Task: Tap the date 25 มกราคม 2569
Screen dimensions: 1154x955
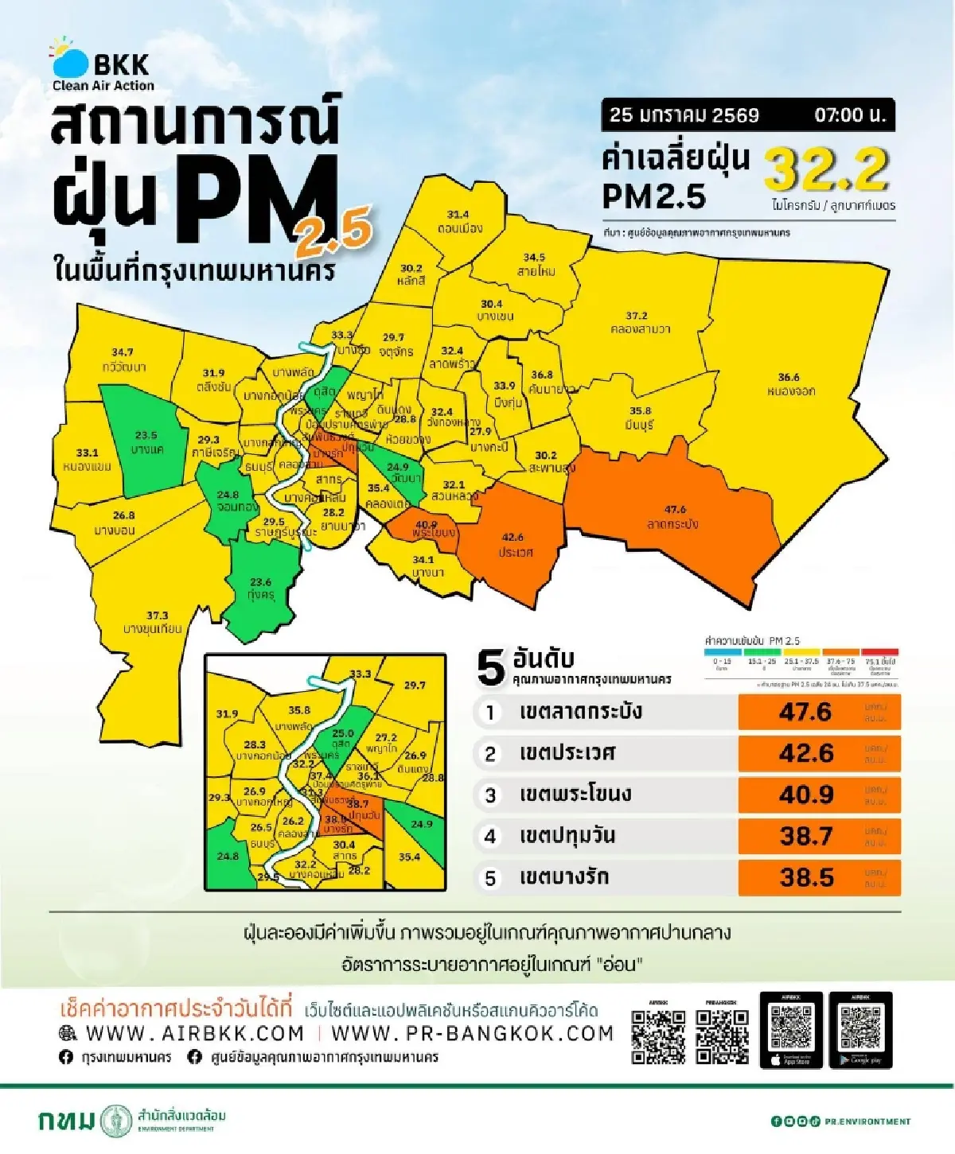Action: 684,115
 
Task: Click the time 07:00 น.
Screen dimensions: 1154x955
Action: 849,115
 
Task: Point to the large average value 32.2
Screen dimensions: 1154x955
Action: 827,169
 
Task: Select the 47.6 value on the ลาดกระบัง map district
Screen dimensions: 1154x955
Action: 675,509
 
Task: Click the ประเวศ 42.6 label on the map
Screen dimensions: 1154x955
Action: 514,545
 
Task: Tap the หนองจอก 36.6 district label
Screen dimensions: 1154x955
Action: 789,384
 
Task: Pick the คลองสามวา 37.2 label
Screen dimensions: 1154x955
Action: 637,322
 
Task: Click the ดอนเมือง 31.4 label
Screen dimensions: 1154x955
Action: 459,222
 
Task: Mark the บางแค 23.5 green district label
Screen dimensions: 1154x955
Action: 146,442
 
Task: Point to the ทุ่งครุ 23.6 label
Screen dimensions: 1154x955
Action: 260,589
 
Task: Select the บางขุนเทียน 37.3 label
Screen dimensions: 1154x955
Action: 154,622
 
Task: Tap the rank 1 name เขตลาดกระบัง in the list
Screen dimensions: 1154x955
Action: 580,712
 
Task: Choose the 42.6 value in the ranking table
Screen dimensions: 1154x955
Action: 806,753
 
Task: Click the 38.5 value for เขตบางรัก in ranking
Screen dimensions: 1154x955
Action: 806,877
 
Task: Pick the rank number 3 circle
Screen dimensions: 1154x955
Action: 490,795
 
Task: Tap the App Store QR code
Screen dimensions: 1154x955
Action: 791,1027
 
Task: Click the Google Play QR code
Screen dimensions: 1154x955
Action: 860,1027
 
